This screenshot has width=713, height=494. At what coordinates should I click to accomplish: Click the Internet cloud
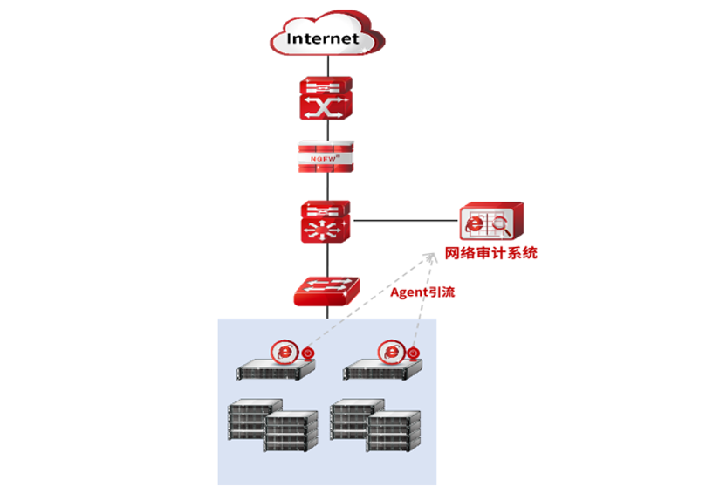point(326,38)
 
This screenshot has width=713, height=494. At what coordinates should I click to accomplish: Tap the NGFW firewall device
point(326,157)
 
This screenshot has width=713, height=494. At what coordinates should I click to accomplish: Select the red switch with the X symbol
point(326,98)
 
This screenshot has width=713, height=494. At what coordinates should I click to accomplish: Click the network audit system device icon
point(491,223)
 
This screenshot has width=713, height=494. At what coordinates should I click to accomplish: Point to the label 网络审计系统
point(490,254)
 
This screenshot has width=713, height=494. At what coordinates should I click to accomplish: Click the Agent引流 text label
point(422,292)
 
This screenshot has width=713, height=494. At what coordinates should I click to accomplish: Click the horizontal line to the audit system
point(406,221)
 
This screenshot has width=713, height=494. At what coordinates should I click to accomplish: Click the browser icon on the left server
point(285,351)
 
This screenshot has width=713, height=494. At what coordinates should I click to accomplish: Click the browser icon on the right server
point(392,351)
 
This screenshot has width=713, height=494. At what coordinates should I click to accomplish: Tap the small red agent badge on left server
point(306,354)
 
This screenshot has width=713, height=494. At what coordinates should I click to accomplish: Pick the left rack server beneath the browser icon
point(274,370)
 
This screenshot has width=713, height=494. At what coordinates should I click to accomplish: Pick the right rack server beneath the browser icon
point(381,370)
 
